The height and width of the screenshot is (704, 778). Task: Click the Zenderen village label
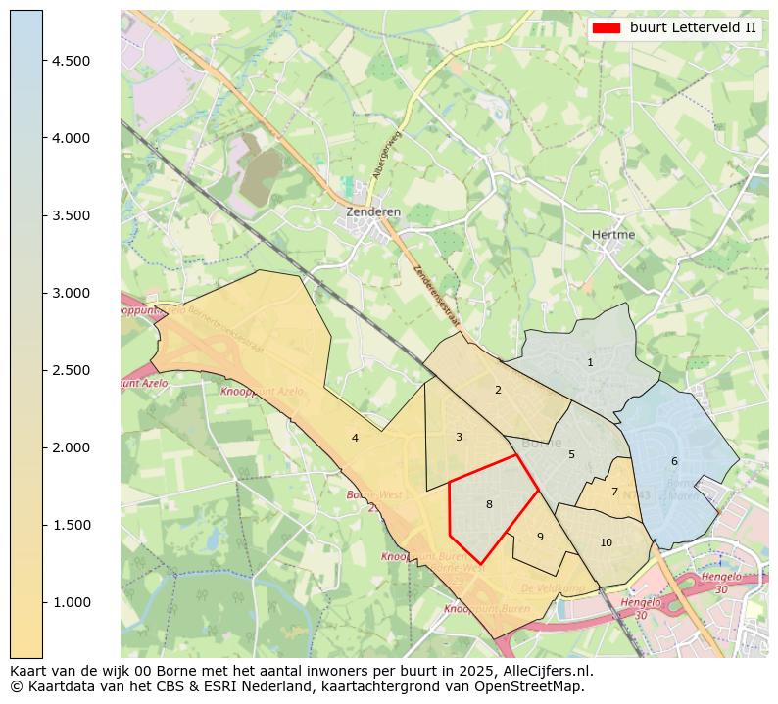373,211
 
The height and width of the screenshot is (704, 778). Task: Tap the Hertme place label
613,235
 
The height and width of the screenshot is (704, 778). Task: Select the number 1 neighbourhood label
590,363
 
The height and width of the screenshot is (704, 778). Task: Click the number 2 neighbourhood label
498,391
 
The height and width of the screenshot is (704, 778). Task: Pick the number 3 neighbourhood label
459,437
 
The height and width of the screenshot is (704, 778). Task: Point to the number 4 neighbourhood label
355,438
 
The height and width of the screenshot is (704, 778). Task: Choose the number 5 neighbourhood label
571,454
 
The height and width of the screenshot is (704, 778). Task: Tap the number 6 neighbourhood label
674,461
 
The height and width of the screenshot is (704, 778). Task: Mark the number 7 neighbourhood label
614,493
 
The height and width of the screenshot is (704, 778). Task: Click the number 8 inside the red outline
489,505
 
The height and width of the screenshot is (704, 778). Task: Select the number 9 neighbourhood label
540,537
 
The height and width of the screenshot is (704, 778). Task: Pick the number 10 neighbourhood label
606,543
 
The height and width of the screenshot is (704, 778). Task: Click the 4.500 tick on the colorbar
71,61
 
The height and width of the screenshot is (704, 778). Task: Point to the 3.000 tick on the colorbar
71,293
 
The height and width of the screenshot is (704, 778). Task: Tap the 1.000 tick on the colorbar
71,602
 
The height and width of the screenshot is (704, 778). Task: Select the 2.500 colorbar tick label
71,370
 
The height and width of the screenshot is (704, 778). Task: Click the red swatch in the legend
607,28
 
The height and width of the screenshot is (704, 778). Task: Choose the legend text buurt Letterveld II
693,28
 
